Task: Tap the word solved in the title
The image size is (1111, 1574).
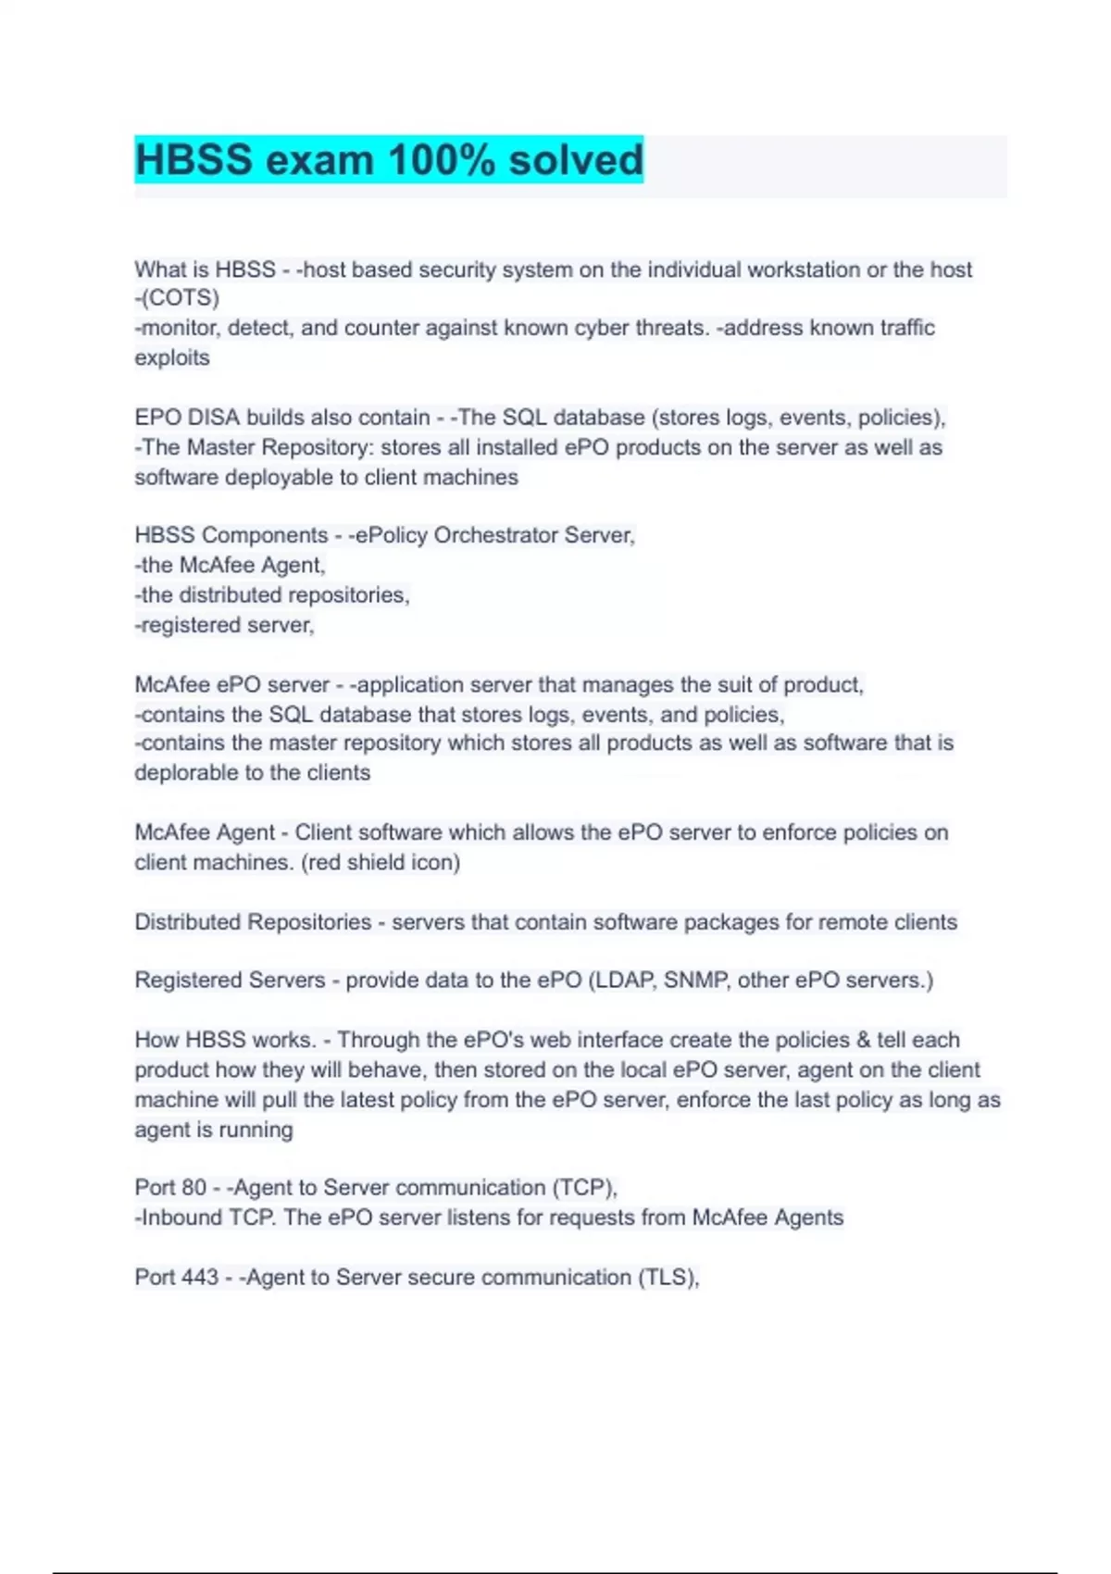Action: (575, 159)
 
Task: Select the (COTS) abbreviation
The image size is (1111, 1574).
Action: (180, 298)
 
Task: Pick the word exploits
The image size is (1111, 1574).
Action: (172, 357)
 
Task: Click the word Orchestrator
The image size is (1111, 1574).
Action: (495, 535)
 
